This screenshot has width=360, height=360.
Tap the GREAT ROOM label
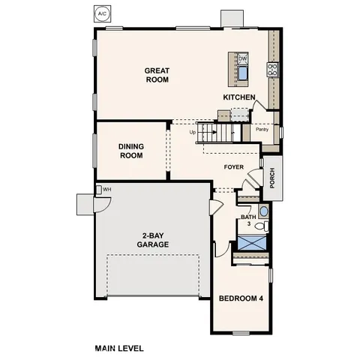[158, 75]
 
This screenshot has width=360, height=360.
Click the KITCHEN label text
[240, 97]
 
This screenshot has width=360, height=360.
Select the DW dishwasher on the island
[243, 58]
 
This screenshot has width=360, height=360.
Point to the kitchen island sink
[243, 72]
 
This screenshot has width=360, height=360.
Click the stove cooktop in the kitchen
[273, 70]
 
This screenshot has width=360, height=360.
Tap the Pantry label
[262, 129]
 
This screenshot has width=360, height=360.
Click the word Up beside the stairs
[193, 133]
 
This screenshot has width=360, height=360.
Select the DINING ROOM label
[131, 151]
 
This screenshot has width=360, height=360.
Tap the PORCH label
[272, 178]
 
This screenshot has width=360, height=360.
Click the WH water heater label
[107, 189]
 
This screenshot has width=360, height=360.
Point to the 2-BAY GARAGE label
[152, 239]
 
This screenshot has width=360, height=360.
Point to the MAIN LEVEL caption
[119, 348]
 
